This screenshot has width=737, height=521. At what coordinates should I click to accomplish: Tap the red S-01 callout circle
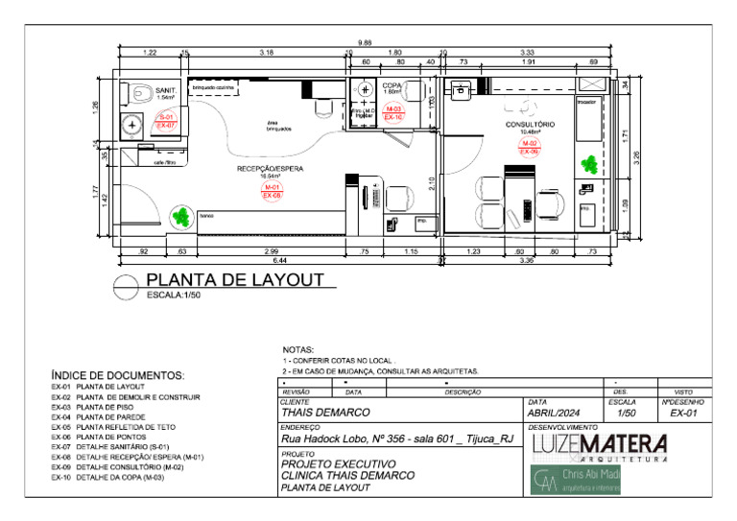pyautogui.click(x=166, y=121)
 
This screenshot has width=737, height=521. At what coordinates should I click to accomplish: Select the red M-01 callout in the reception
pyautogui.click(x=272, y=191)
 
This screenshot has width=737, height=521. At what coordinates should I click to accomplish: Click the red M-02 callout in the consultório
pyautogui.click(x=530, y=147)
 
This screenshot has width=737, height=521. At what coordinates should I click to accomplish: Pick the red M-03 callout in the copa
pyautogui.click(x=393, y=113)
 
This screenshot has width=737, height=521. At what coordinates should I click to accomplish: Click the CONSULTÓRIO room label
pyautogui.click(x=530, y=125)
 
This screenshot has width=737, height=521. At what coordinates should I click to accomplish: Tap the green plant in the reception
pyautogui.click(x=179, y=217)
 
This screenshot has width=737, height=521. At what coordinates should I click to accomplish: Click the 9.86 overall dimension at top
pyautogui.click(x=365, y=43)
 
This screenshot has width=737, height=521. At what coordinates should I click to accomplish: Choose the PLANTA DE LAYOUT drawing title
pyautogui.click(x=234, y=280)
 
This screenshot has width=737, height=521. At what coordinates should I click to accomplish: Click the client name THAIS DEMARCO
pyautogui.click(x=325, y=413)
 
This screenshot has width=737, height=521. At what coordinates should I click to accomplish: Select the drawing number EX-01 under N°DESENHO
pyautogui.click(x=683, y=413)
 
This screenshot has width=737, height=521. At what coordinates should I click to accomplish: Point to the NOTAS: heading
pyautogui.click(x=298, y=351)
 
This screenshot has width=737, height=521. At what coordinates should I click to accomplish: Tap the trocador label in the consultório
pyautogui.click(x=586, y=100)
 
